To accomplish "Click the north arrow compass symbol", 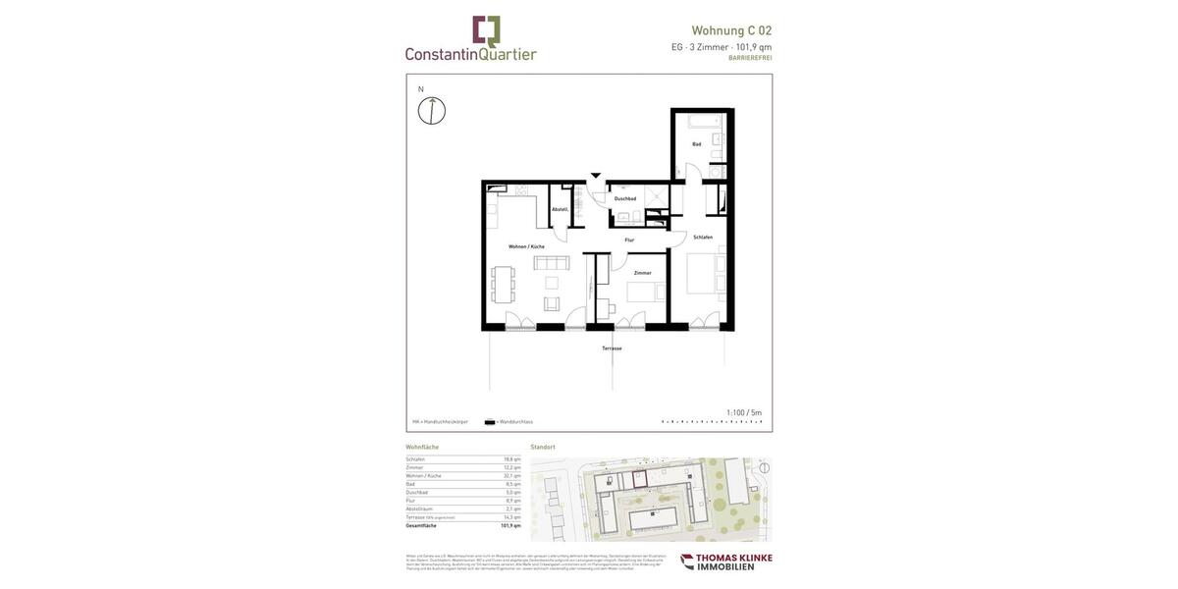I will pos(432,110).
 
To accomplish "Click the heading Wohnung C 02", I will pos(731,30).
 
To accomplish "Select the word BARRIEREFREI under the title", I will pos(750,58).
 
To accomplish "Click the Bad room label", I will pos(697,144).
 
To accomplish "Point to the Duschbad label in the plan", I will pos(625,198).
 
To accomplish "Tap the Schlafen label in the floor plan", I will pos(703,237).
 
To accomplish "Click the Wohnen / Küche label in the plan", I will pos(526,246).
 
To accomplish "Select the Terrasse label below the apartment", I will pos(612,348).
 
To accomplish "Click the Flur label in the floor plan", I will pos(629,240).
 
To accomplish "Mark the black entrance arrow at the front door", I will pos(596,176).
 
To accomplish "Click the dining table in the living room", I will pos(503,284).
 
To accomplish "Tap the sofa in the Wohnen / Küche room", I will pos(552,263).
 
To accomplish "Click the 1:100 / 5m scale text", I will pos(744,412).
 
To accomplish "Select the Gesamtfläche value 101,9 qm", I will pos(510,525).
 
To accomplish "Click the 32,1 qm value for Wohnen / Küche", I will pos(512,476).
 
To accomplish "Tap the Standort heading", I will pos(543,448).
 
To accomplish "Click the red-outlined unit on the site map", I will pos(639,478).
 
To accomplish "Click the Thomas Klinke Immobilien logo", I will pos(726,562).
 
